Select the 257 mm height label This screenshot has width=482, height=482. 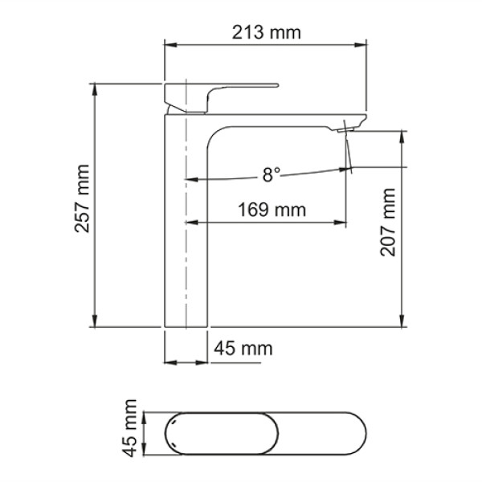click(x=81, y=205)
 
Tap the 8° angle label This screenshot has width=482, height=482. click(x=272, y=174)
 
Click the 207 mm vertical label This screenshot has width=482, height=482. click(x=389, y=223)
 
